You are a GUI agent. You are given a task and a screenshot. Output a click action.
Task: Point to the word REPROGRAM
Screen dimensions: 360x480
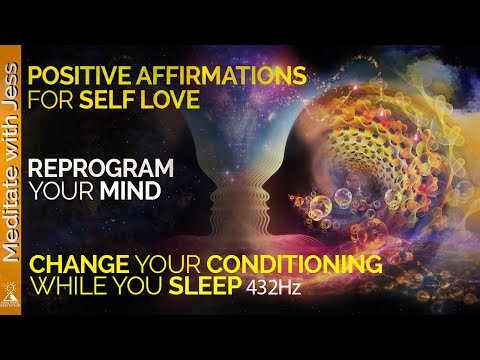click(94, 167)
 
